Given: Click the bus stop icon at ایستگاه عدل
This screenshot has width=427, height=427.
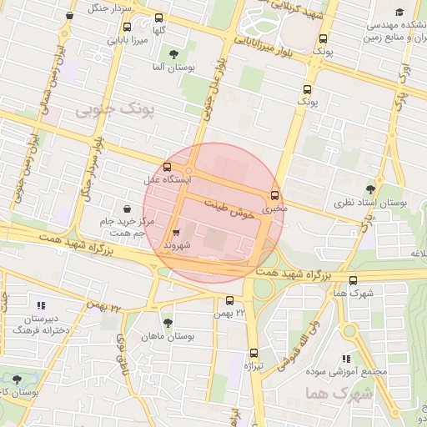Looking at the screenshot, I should point(168,167).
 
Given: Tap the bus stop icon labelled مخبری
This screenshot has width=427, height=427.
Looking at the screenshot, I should point(274,197).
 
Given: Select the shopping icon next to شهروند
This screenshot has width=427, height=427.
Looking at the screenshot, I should point(176,234).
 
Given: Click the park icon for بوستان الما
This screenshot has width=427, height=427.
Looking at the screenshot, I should point(173,54).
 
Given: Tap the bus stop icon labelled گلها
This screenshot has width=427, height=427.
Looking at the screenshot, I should point(159,17).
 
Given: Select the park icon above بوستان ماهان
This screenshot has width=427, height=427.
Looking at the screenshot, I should point(168,322).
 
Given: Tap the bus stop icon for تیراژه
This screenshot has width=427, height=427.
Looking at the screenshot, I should point(254,353).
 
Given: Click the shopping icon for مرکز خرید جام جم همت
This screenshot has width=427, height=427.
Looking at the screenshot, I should point(125,207).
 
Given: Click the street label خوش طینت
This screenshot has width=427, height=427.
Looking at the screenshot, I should point(229,207).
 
